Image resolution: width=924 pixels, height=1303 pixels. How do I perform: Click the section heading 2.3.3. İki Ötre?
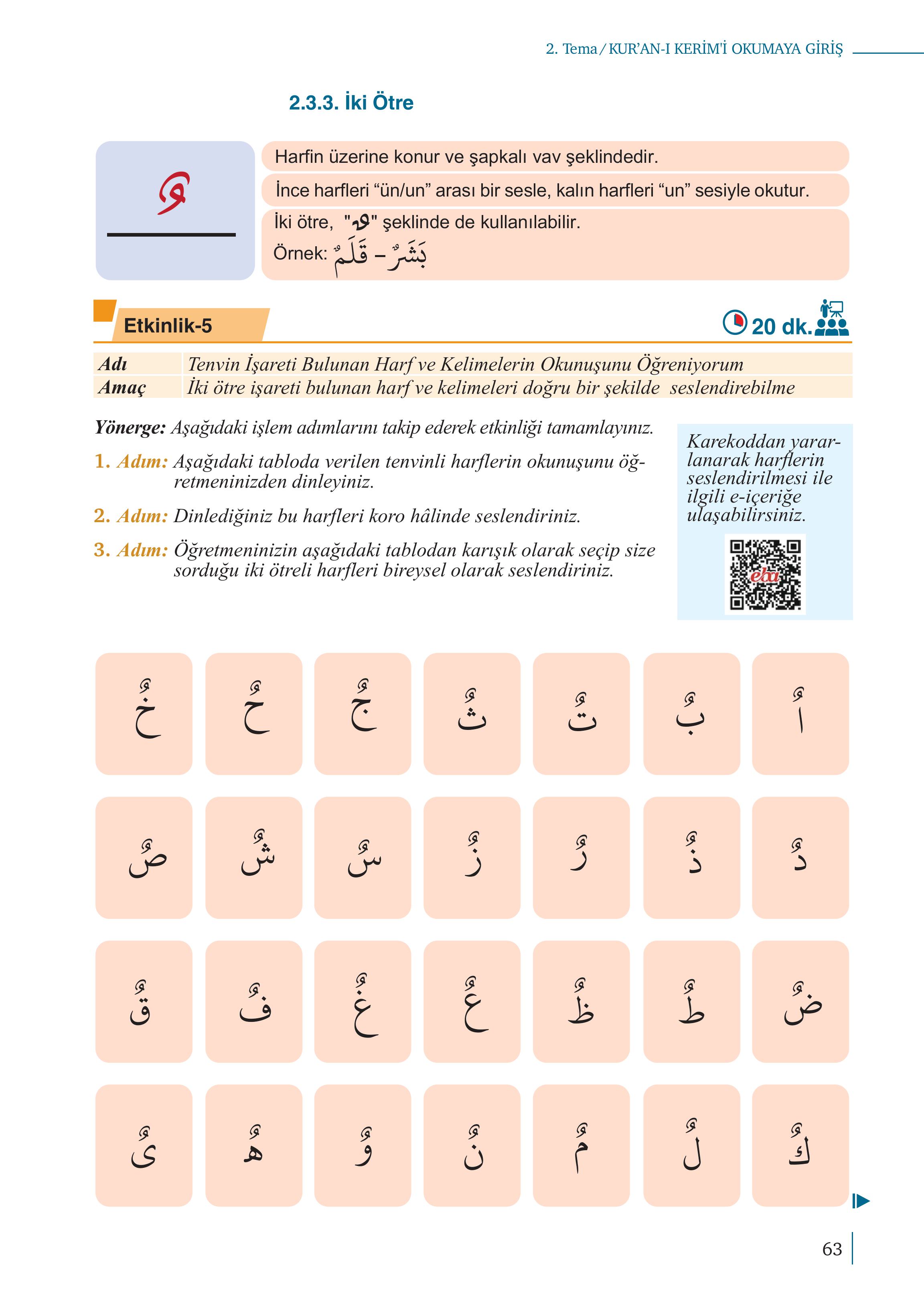click(351, 103)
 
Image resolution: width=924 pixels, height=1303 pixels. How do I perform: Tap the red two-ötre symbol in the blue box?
click(174, 193)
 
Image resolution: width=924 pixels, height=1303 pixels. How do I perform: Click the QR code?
click(765, 574)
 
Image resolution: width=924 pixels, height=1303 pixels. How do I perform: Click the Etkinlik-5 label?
click(168, 326)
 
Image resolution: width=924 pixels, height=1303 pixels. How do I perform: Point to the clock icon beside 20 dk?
click(734, 322)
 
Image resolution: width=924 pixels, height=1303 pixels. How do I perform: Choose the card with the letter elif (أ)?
click(800, 713)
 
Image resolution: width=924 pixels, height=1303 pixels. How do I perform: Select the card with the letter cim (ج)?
click(363, 713)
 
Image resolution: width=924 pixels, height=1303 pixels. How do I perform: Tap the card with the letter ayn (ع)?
click(472, 1002)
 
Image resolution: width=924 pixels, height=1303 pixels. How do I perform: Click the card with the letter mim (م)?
click(582, 1146)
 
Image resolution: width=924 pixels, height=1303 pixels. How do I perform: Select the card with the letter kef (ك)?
click(800, 1146)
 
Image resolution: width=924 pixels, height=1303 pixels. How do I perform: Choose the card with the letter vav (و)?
click(363, 1146)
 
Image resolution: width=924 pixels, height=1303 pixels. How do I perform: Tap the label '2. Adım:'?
click(131, 516)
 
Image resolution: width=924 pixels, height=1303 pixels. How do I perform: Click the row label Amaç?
click(122, 387)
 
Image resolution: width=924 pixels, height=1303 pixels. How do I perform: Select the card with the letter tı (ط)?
click(691, 1002)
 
